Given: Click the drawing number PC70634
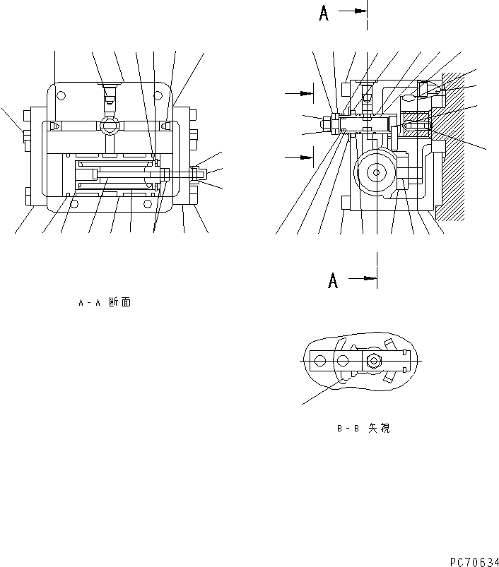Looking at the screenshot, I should (473, 561).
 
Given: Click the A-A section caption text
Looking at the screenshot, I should (104, 303).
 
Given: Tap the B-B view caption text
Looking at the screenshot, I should (363, 428).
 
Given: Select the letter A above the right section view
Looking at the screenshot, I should (324, 13).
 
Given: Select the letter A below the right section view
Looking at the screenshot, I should (332, 280).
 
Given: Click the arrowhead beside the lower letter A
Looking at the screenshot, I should (370, 278).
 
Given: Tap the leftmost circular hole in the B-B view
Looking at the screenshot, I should (320, 361).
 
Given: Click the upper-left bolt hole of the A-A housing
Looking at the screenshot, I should (61, 95).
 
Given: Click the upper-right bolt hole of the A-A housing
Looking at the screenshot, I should (160, 95).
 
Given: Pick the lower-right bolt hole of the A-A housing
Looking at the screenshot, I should (148, 205).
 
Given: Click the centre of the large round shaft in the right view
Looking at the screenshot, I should (376, 172).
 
